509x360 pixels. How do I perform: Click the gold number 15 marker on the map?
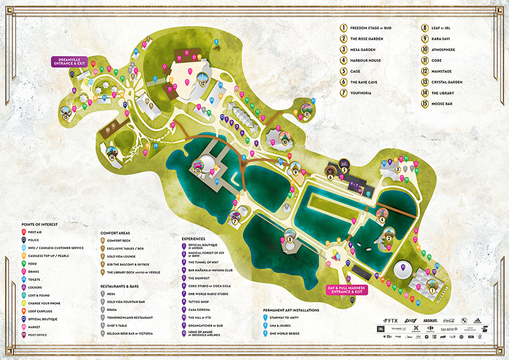click(66, 117)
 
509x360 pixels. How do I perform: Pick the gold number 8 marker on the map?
click(290, 240)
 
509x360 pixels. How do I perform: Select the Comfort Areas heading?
click(118, 233)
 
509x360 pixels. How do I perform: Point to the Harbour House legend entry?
click(365, 60)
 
